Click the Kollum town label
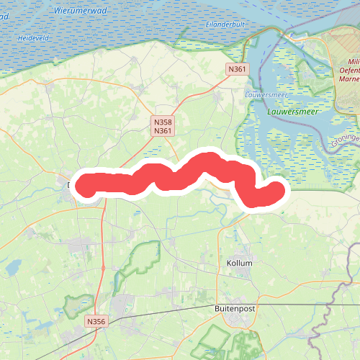[x=240, y=263]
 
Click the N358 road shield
[x=163, y=122]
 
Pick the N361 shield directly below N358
[x=163, y=131]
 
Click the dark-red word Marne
[x=348, y=79]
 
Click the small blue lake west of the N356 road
[x=12, y=268]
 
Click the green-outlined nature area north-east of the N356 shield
[x=144, y=259]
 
